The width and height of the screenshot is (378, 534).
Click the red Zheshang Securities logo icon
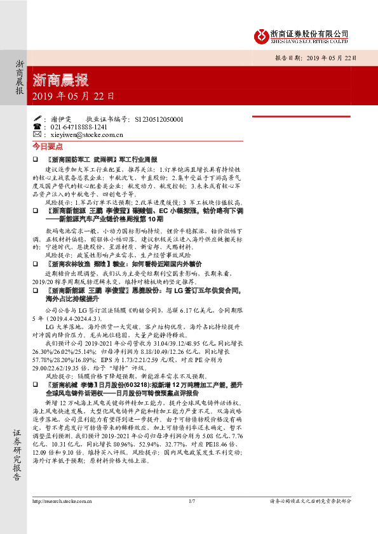coord(259,36)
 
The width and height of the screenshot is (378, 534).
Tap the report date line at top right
coord(311,56)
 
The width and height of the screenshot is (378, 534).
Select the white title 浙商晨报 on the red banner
coord(60,81)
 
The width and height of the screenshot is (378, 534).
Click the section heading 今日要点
coord(44,145)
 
